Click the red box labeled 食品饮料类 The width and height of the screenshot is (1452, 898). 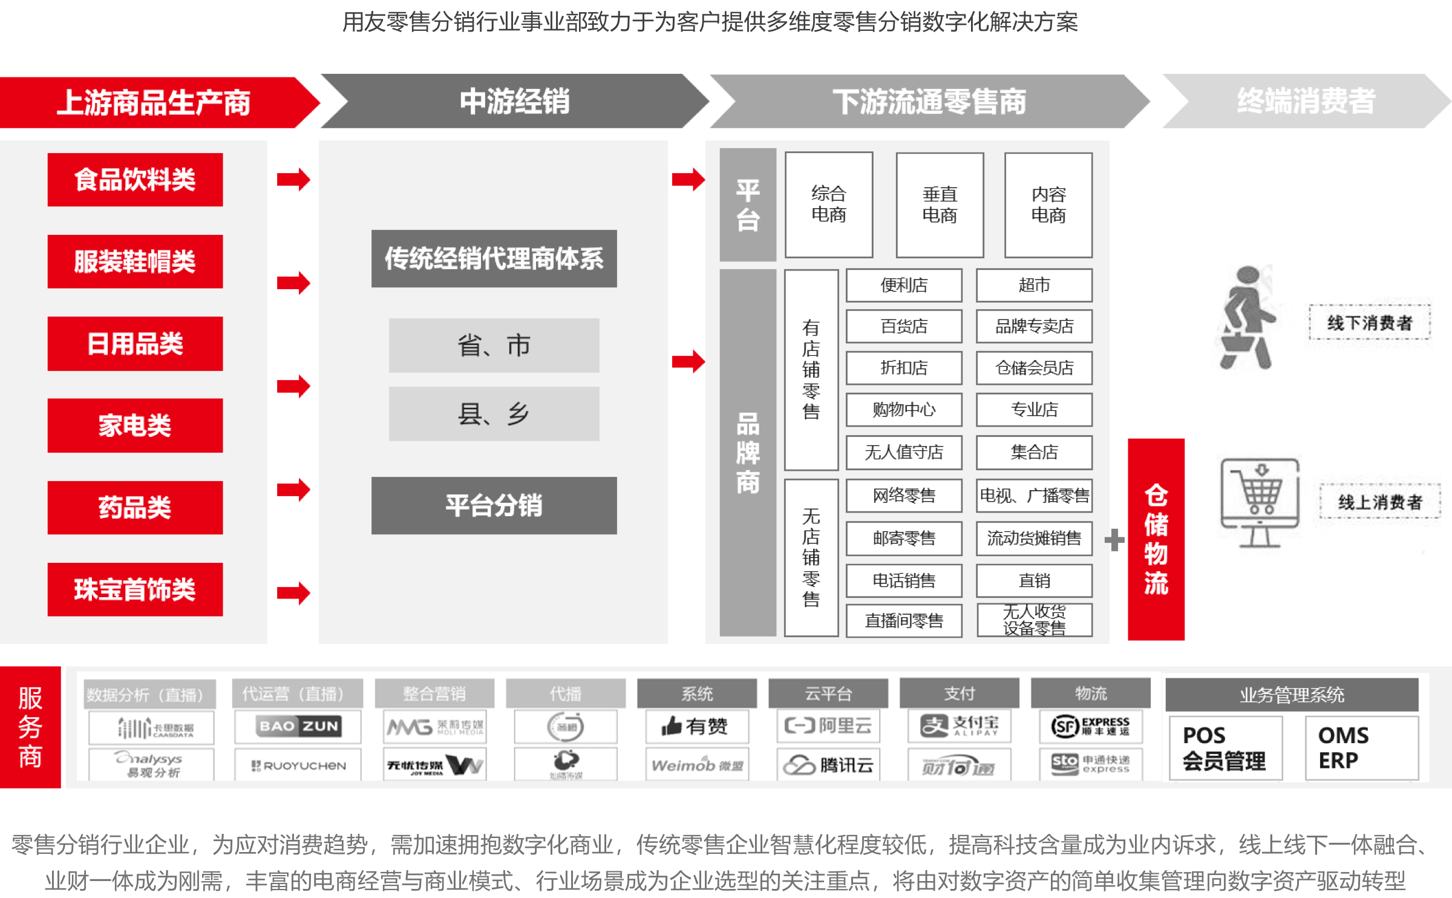point(135,180)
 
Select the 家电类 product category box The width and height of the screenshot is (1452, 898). point(135,425)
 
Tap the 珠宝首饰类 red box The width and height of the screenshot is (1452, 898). point(135,589)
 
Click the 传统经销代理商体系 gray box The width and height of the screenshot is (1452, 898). point(494,258)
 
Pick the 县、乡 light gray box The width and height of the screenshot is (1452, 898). point(494,414)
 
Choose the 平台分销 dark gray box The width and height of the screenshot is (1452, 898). point(494,505)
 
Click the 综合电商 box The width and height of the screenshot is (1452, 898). point(828,205)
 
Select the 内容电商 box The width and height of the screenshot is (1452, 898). point(1048,205)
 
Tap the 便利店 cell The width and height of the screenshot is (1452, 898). point(903,285)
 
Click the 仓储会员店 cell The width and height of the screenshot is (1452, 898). point(1034,368)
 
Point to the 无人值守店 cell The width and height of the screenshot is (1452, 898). point(903,452)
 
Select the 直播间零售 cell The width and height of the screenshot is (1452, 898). point(903,621)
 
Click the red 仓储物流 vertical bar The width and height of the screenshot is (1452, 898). point(1156,539)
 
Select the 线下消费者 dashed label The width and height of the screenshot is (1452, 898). point(1370,323)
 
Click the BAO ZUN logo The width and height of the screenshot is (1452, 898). point(298,726)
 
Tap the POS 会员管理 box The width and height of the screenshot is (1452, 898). point(1225,748)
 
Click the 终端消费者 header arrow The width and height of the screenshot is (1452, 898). point(1306,101)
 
